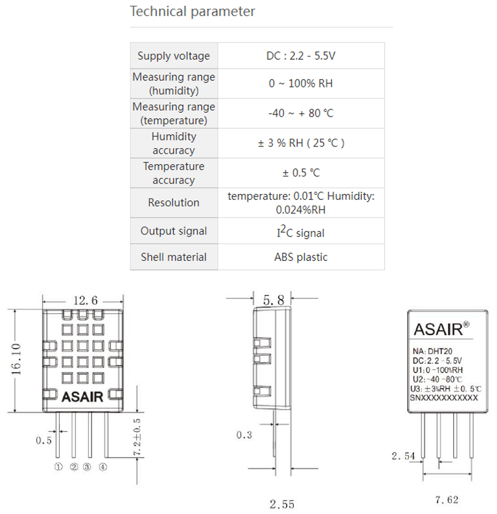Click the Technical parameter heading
(x=192, y=11)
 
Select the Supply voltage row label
(x=173, y=56)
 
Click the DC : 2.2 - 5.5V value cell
(x=301, y=56)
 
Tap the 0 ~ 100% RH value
(x=301, y=83)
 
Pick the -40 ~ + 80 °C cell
(x=301, y=113)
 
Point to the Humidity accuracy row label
(x=173, y=143)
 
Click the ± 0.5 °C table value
(x=301, y=173)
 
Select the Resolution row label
(x=173, y=202)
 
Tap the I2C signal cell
(x=301, y=231)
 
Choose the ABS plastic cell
(x=301, y=257)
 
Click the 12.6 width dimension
(x=85, y=300)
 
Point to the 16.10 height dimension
(x=16, y=359)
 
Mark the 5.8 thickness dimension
(x=273, y=300)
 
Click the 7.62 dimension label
(x=446, y=500)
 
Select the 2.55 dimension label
(x=282, y=504)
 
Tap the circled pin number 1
(x=59, y=467)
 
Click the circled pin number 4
(x=103, y=467)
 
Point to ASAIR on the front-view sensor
(x=83, y=396)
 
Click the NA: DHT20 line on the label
(x=432, y=351)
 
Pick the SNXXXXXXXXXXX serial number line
(x=444, y=398)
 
